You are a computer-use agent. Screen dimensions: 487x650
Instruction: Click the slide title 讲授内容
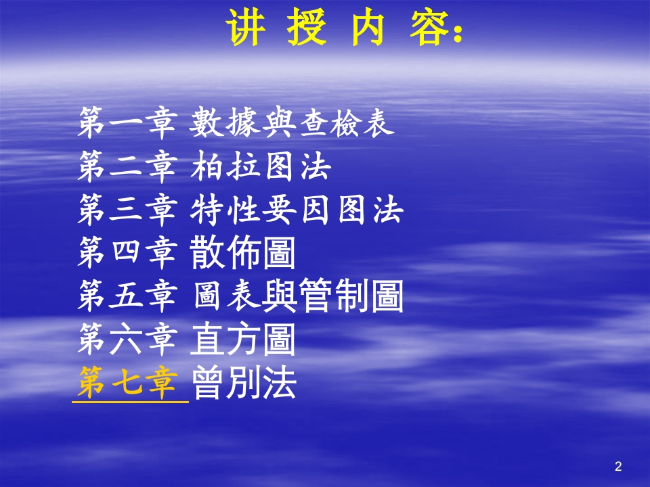point(345,28)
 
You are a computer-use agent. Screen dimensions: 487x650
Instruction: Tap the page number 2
point(617,466)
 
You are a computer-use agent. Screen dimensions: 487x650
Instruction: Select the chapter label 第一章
point(127,122)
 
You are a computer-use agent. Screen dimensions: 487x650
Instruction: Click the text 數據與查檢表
point(292,122)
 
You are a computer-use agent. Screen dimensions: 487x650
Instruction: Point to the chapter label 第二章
point(127,167)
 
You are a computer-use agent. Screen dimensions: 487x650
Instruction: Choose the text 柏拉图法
point(260,167)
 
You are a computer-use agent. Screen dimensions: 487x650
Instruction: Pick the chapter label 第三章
point(127,210)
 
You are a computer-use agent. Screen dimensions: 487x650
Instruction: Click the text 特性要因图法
point(297,210)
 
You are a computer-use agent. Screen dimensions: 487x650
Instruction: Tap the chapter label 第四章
point(127,254)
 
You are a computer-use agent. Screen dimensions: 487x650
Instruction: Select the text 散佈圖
point(244,254)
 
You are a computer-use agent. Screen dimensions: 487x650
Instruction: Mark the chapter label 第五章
point(127,297)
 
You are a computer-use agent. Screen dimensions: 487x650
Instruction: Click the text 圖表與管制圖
point(297,297)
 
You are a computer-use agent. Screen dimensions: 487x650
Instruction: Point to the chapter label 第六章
point(127,340)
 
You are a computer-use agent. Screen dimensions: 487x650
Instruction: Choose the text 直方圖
point(244,340)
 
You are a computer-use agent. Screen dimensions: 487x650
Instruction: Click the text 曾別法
point(244,384)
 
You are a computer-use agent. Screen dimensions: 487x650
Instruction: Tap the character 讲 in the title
point(244,28)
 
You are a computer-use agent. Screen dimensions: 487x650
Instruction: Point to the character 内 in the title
point(369,28)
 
